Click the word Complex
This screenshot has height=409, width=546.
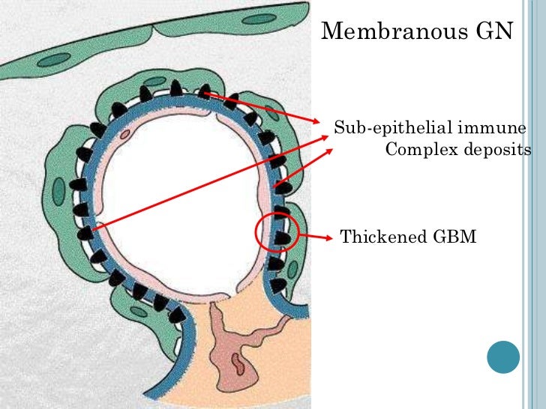(x=416, y=150)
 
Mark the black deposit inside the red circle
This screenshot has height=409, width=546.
(x=283, y=238)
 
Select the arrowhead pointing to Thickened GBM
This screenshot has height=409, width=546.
(x=328, y=238)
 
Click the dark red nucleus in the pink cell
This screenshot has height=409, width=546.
(x=237, y=364)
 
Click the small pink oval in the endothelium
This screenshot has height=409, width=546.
(x=124, y=136)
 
